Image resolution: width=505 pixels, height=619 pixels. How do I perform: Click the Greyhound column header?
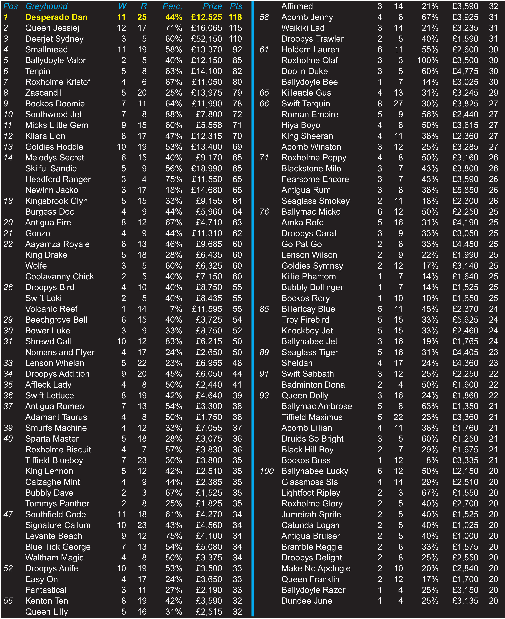47,6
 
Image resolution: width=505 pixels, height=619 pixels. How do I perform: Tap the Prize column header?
212,6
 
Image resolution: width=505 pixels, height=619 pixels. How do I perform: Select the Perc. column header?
172,6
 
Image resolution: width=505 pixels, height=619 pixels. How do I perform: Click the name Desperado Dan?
56,17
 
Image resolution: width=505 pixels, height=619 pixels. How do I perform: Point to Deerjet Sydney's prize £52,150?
207,39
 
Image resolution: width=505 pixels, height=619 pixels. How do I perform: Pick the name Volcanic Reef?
52,309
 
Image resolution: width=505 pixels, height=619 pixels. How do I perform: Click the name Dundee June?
307,601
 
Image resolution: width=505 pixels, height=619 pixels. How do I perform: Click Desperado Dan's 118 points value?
235,17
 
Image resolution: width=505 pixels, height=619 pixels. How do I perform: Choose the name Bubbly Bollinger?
312,287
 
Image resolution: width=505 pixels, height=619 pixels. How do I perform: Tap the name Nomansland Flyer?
60,352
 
